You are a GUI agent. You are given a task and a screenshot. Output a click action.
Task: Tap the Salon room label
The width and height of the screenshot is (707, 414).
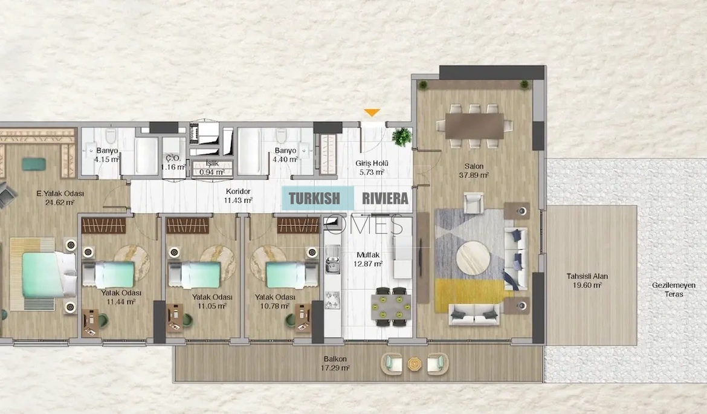point(474,166)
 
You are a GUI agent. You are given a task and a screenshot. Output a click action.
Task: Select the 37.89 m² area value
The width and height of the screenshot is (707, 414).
point(474,175)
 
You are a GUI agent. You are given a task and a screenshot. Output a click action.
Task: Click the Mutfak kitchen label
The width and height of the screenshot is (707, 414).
point(368,255)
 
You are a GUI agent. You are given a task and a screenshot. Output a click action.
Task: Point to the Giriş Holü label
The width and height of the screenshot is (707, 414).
point(372,163)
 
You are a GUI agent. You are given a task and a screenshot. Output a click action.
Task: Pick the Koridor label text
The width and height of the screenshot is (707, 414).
point(238,191)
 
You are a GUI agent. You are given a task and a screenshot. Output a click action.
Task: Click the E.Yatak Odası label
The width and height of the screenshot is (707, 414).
point(60,193)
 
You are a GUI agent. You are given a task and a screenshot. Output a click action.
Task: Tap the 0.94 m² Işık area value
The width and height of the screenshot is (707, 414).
point(212,172)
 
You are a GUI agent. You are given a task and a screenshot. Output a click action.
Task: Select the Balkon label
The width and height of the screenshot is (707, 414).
point(335,359)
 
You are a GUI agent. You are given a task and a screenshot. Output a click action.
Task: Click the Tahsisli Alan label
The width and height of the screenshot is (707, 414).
point(587,276)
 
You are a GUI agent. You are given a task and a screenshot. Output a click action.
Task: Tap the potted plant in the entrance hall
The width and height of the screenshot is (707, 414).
point(402,137)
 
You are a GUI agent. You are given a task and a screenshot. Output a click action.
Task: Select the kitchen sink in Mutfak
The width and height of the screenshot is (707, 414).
point(333,259)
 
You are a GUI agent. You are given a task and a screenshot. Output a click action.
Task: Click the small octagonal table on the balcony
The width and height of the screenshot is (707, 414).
point(415,364)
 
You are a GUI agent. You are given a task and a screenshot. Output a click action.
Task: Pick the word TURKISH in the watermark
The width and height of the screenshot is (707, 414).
point(314,198)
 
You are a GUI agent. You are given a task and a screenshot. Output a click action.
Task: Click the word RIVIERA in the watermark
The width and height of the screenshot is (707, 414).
point(385,198)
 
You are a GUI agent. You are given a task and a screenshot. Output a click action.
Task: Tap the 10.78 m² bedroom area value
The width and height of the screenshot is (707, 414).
point(274,306)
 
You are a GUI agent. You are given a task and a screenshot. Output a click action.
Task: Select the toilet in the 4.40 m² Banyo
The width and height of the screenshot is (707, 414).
point(282,135)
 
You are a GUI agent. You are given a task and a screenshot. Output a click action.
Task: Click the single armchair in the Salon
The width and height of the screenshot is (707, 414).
point(473,203)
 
